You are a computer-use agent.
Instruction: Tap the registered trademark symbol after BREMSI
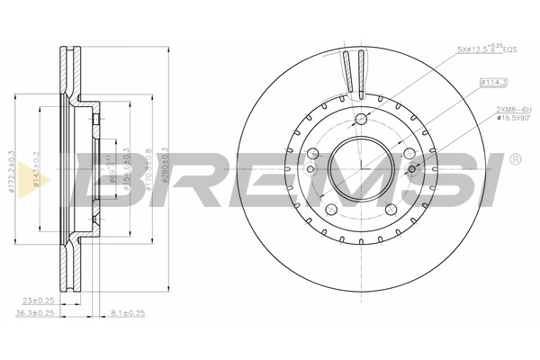(x=514, y=159)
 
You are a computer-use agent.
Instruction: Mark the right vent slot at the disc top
(x=362, y=72)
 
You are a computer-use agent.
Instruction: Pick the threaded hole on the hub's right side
(x=412, y=168)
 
